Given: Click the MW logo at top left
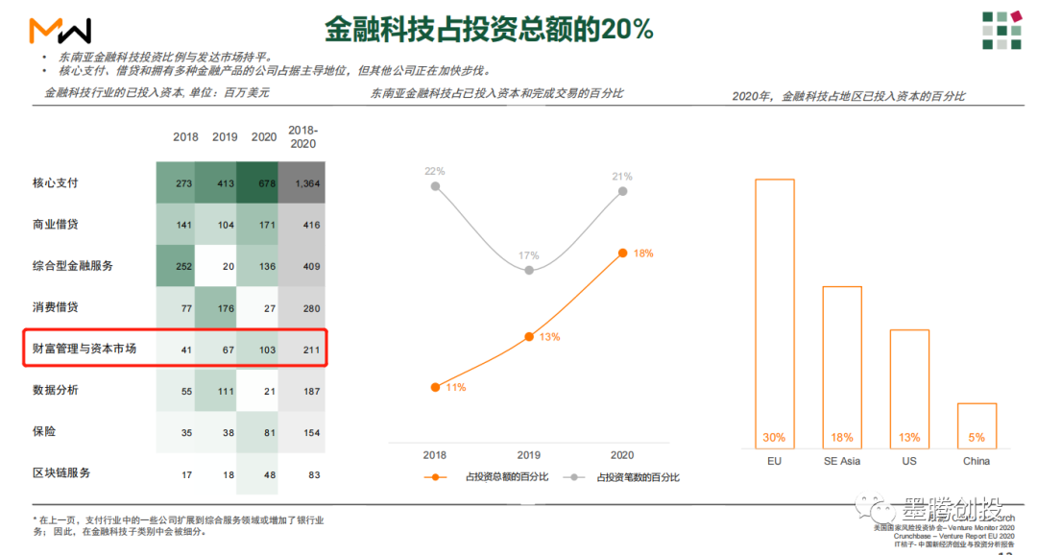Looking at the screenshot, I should click(x=60, y=31).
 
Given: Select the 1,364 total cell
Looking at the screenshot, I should click(x=307, y=183).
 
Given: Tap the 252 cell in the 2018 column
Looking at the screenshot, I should click(x=185, y=266).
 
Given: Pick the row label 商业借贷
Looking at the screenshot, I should click(x=56, y=224).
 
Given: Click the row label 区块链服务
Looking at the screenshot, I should click(x=61, y=473).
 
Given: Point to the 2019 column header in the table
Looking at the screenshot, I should click(x=225, y=136).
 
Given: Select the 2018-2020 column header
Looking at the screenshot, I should click(x=302, y=136).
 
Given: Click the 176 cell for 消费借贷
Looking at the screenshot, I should click(x=225, y=308).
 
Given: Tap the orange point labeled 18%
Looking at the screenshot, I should click(x=623, y=253).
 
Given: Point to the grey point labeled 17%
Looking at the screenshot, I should click(x=529, y=271).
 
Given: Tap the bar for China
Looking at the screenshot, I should click(x=977, y=425).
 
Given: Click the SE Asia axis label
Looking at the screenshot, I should click(x=841, y=462).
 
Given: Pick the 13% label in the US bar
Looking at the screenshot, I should click(x=909, y=438).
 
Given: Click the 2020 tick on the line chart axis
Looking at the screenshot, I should click(x=621, y=455).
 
